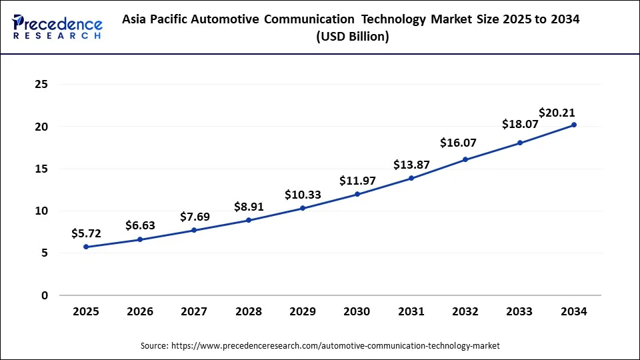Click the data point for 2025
click(86, 247)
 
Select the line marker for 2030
click(357, 194)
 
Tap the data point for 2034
click(574, 125)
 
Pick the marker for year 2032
click(465, 159)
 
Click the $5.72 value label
click(86, 234)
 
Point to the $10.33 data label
click(303, 195)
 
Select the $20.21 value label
click(557, 112)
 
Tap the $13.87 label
click(411, 165)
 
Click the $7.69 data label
click(195, 217)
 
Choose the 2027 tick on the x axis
click(194, 311)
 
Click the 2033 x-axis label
click(520, 311)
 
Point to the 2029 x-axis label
click(303, 311)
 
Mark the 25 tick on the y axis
click(41, 85)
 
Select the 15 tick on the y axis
click(41, 169)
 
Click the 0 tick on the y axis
click(45, 295)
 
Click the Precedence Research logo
click(57, 26)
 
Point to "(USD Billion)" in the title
click(353, 37)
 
